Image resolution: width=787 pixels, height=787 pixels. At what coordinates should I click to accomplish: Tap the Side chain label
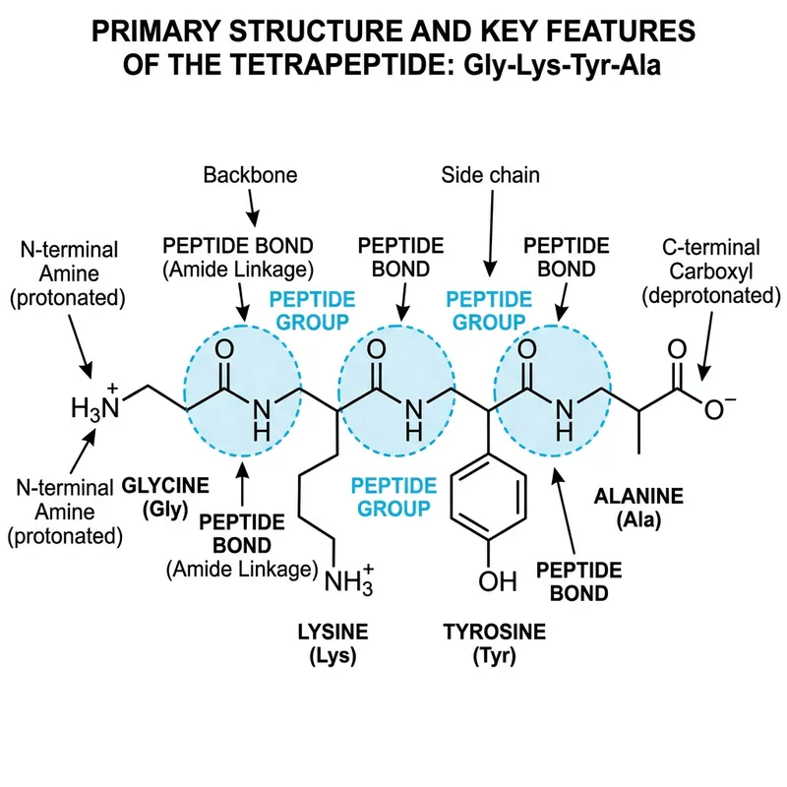(x=490, y=176)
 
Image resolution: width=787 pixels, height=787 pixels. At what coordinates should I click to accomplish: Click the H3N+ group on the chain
(x=94, y=404)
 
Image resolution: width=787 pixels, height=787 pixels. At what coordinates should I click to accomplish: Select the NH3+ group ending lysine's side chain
(x=348, y=580)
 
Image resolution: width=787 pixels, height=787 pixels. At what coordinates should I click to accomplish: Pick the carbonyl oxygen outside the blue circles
(x=675, y=349)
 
